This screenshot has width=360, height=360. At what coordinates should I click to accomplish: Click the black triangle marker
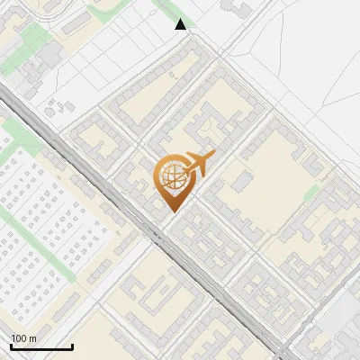click(181, 24)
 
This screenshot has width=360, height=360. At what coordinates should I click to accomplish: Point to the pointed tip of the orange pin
click(171, 211)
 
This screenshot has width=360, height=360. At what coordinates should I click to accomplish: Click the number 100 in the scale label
click(19, 338)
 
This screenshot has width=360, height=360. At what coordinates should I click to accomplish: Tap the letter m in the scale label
click(32, 338)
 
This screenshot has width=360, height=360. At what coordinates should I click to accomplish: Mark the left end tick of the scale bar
click(11, 346)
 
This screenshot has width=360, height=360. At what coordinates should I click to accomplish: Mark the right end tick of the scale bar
click(72, 346)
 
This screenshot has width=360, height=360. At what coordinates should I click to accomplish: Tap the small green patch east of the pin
click(312, 193)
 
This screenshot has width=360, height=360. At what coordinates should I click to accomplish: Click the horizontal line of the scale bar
click(41, 347)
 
